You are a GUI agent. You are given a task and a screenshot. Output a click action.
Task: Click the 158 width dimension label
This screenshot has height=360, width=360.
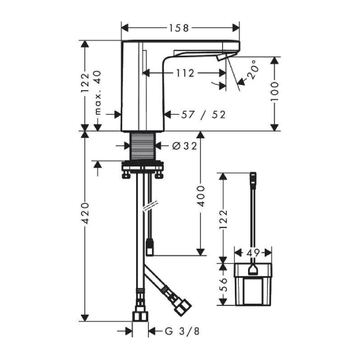click(179, 28)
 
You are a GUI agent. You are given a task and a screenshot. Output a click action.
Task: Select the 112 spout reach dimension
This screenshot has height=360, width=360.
click(185, 73)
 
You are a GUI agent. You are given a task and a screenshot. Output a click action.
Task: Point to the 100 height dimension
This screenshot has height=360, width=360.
click(274, 91)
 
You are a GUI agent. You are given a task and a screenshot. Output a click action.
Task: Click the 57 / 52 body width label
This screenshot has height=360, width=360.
click(203, 115)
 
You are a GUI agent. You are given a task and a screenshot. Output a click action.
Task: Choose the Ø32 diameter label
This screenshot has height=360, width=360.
click(184, 146)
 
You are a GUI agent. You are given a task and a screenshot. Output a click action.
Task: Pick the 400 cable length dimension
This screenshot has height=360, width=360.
click(201, 196)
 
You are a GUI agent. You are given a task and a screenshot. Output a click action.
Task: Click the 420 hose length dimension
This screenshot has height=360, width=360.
click(86, 213)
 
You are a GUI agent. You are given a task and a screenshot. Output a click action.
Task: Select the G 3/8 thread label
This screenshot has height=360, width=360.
click(182, 331)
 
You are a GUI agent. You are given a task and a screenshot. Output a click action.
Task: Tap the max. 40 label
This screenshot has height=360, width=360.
click(98, 92)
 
